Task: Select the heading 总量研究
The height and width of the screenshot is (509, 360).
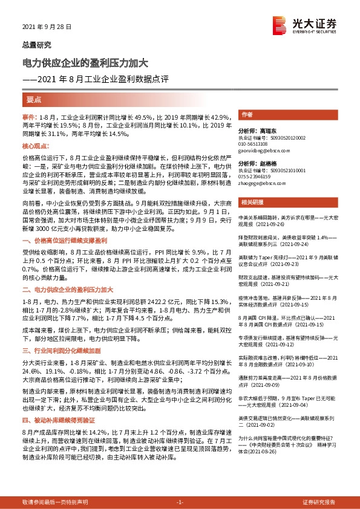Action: [x=37, y=45]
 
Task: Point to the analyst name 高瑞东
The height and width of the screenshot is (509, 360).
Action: [x=265, y=131]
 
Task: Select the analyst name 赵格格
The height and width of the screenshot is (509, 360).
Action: [x=265, y=164]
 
